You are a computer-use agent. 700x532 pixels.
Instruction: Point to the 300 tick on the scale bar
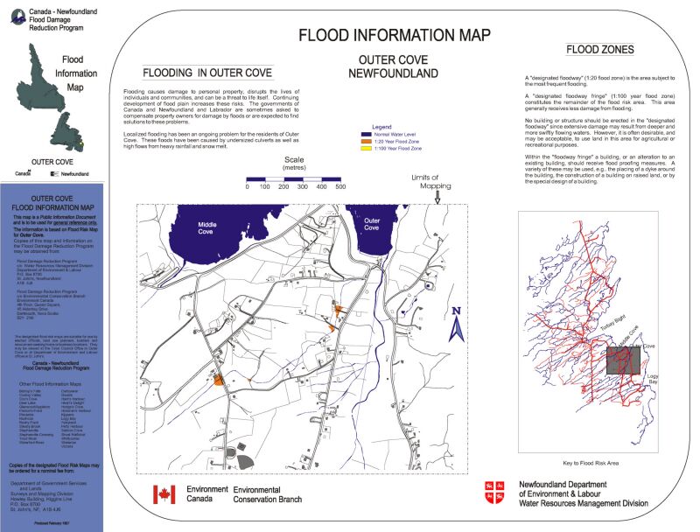303,186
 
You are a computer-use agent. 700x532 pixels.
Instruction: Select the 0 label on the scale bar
248,186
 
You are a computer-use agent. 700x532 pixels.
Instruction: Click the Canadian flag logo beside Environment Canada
164,494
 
